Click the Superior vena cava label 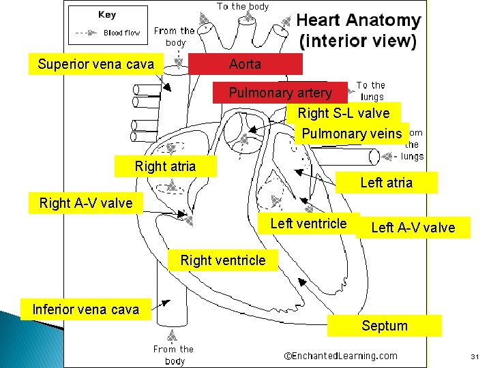pos(96,65)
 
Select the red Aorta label pos(245,65)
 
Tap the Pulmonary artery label pos(280,93)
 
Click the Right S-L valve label pos(343,113)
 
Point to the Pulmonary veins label pos(352,134)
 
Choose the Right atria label pos(165,166)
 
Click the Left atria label pos(386,183)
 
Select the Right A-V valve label pos(86,203)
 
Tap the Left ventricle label pos(308,224)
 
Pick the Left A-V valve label pos(413,228)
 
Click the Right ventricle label pos(223,260)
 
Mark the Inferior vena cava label pos(86,309)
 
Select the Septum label pos(384,326)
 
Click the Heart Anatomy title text pos(358,31)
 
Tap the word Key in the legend pos(107,14)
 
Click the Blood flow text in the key pos(121,33)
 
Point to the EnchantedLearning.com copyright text pos(340,356)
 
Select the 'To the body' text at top pos(243,6)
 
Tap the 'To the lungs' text pos(371,91)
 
